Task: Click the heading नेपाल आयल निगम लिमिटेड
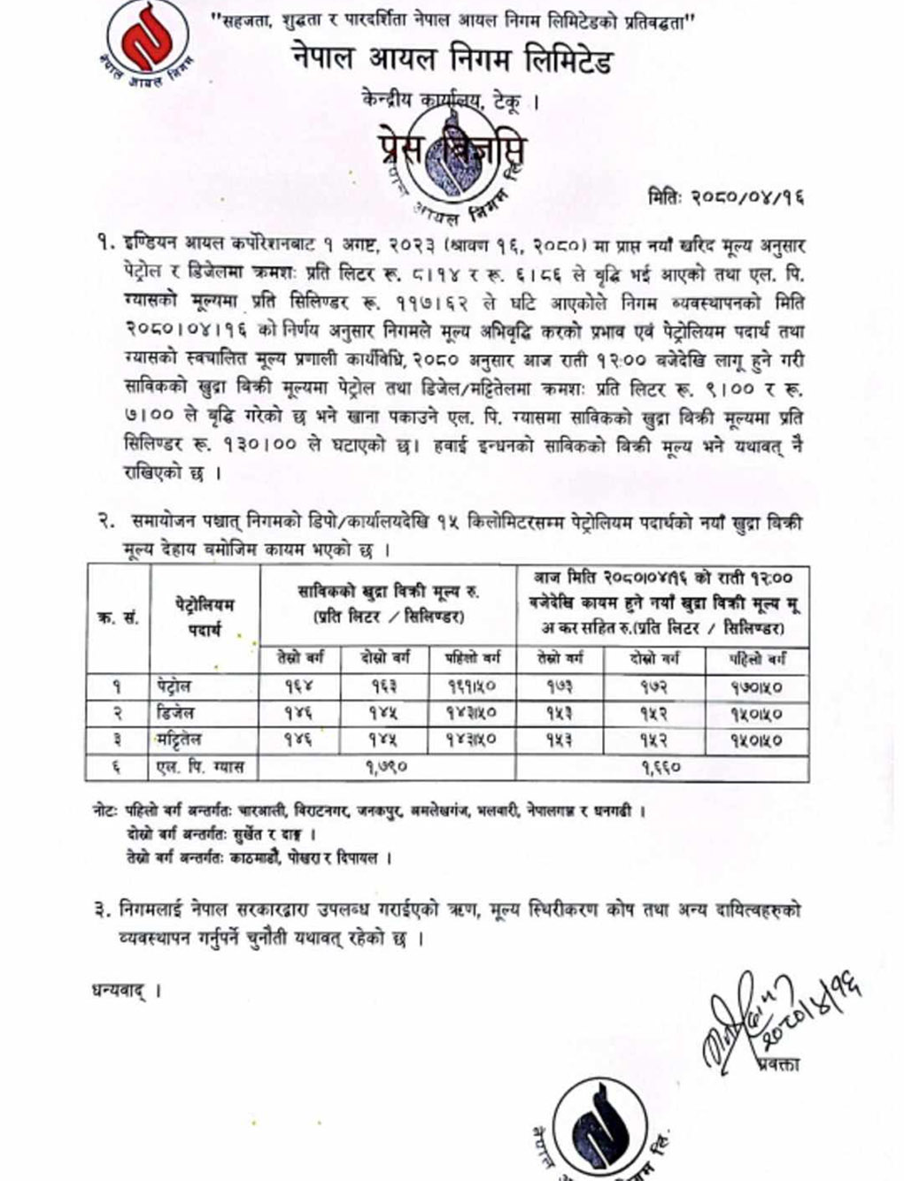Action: point(452,60)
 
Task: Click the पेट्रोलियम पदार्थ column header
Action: point(205,617)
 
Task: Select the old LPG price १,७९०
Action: point(386,767)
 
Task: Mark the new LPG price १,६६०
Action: point(661,767)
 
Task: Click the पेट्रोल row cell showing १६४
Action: point(298,686)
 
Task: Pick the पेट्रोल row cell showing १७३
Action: point(558,686)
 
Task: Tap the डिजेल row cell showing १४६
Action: point(298,712)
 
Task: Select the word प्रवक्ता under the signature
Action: point(778,1064)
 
